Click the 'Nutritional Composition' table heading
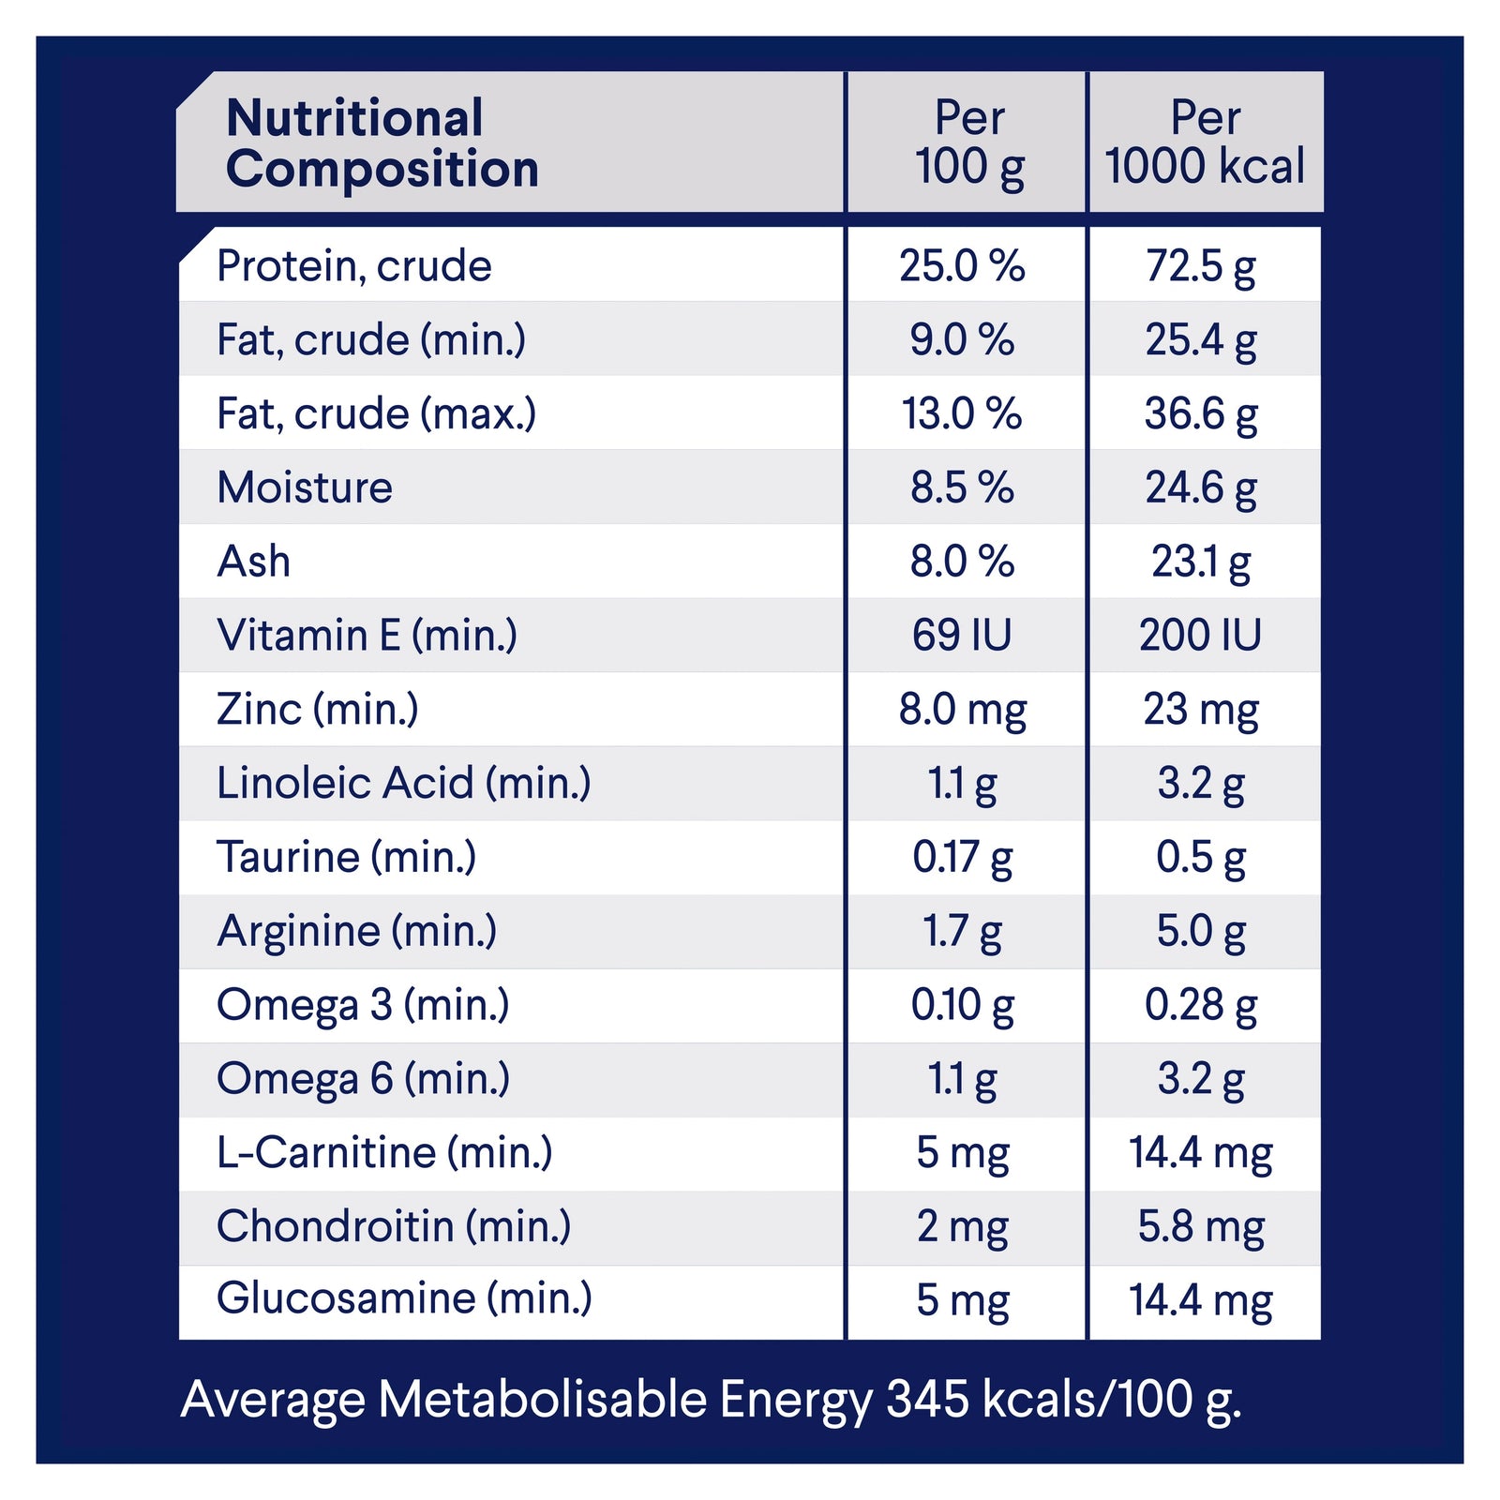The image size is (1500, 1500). coord(382,143)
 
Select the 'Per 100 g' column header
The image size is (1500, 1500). coord(969,142)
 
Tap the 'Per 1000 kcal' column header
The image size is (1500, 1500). coord(1205,142)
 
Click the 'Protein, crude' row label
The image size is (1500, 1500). coord(354,266)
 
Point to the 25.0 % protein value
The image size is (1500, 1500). coord(962,266)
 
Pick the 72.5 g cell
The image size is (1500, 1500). coord(1201,266)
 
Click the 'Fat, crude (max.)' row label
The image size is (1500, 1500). coord(376,413)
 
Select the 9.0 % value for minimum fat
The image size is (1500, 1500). coord(962,339)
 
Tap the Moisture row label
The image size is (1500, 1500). coord(305,487)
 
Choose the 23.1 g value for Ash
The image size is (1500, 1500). coord(1201,562)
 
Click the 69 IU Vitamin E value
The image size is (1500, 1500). coord(962,636)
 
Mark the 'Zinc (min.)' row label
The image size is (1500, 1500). coord(317,710)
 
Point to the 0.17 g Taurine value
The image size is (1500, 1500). coord(962,857)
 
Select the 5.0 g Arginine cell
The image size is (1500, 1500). coord(1201,931)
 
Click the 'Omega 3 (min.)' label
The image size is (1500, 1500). coord(363,1005)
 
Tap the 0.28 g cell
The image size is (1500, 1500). coord(1201,1005)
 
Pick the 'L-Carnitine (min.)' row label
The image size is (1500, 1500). coord(384,1152)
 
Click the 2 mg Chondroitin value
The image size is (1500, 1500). coord(962,1226)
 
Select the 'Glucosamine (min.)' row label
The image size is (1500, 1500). coord(404,1299)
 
